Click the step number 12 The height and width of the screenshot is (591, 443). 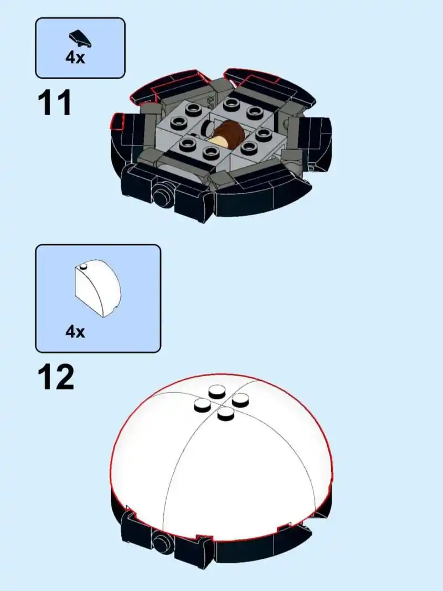click(55, 377)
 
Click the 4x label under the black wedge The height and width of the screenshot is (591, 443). click(75, 58)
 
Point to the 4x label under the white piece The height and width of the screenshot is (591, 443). click(75, 332)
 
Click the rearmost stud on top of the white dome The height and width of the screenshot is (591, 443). click(217, 393)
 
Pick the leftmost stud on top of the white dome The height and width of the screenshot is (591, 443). click(202, 406)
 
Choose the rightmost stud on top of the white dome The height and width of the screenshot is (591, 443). click(240, 399)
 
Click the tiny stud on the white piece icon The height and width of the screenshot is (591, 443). click(83, 268)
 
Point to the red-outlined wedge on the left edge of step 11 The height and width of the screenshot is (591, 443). click(117, 120)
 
